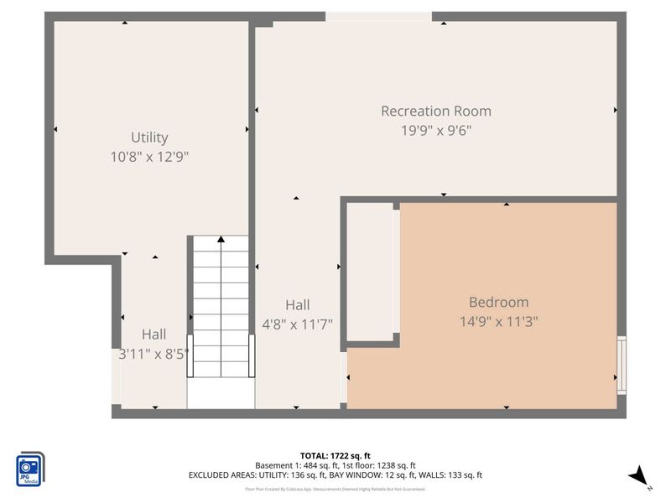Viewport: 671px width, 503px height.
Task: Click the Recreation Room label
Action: point(436,111)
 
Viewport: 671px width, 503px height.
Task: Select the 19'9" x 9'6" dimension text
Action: point(436,130)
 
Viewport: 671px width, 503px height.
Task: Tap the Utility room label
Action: point(149,137)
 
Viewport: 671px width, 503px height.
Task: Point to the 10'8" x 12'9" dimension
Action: point(150,157)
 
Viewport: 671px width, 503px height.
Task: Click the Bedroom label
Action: point(498,302)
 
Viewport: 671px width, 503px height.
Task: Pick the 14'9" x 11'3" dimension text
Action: point(498,321)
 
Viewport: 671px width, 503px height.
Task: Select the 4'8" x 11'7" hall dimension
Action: point(297,324)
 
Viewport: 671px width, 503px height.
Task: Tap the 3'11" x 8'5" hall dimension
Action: point(154,353)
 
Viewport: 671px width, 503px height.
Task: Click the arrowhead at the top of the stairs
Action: point(221,240)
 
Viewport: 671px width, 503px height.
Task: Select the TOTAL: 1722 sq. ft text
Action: point(335,455)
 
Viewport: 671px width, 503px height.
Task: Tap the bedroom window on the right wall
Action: point(621,365)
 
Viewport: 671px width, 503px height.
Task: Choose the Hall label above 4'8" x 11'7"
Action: point(297,305)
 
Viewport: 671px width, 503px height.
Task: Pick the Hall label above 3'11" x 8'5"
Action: point(153,334)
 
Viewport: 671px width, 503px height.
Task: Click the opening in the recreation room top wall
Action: point(378,17)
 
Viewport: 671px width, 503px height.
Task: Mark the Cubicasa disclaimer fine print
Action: point(335,489)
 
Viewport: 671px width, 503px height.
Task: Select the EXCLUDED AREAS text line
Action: point(335,475)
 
